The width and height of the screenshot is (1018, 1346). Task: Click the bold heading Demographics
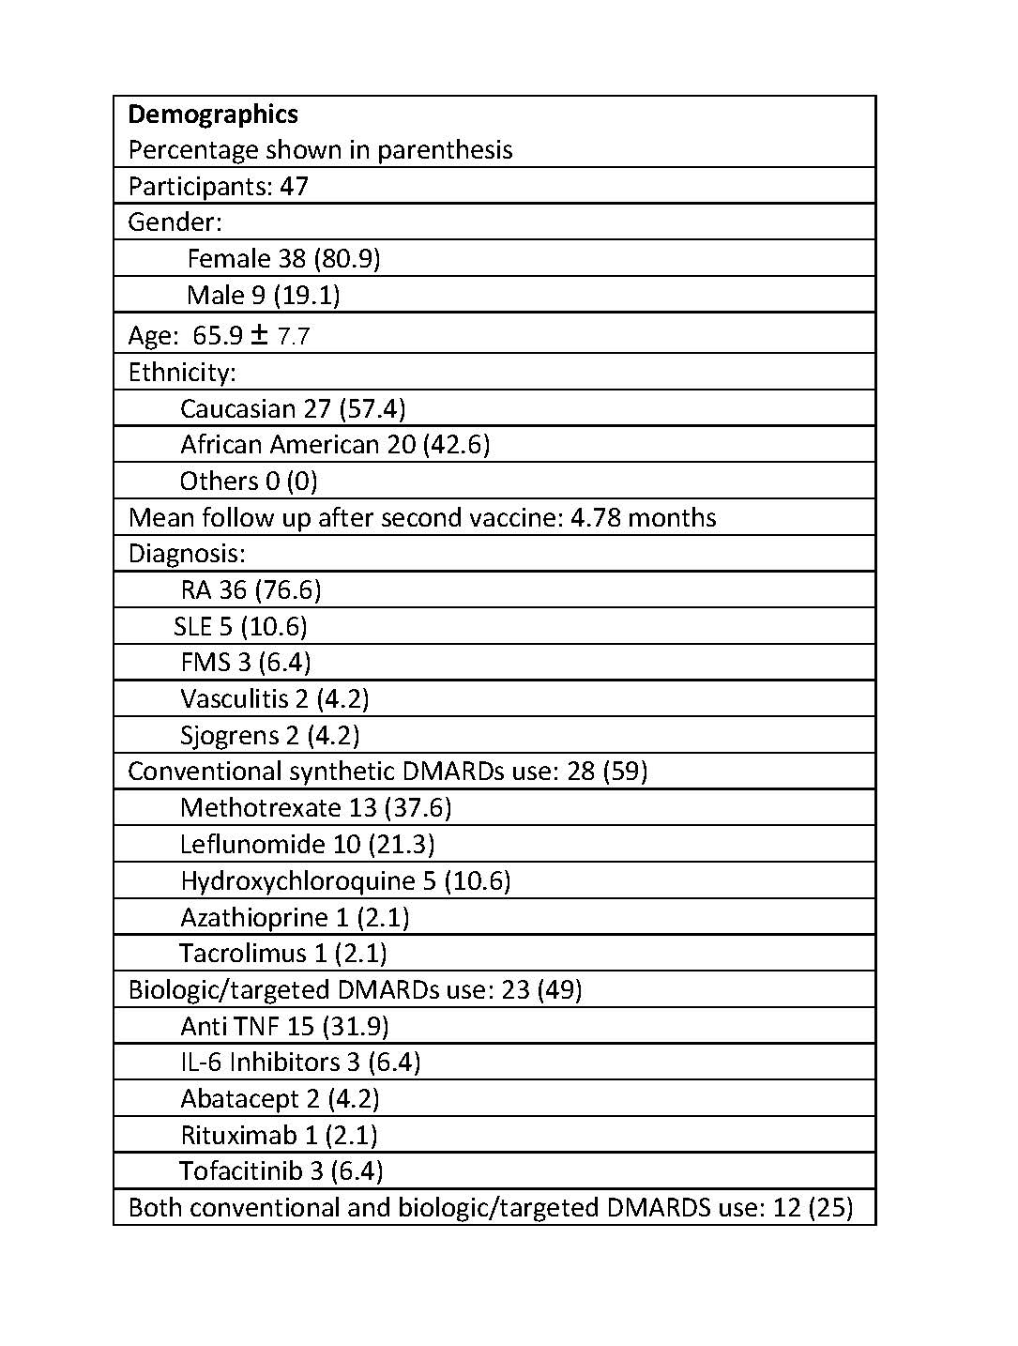(x=213, y=115)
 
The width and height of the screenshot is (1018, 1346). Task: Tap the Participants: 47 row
(x=218, y=186)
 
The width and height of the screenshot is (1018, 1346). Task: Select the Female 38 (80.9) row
(x=283, y=258)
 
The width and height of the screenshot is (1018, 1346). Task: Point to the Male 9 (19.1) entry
(x=263, y=295)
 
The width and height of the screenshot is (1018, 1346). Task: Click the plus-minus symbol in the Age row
(x=259, y=334)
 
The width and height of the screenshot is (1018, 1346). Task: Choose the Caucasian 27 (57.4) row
(x=293, y=408)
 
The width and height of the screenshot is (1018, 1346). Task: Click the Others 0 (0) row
(x=249, y=481)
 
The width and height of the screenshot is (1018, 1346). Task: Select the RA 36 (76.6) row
(x=251, y=589)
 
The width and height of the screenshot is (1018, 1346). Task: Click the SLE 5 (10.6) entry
(x=240, y=626)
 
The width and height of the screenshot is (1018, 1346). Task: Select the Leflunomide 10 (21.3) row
(x=307, y=844)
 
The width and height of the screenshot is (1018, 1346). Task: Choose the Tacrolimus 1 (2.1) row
(x=282, y=953)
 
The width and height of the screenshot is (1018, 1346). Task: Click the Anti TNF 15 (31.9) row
(x=284, y=1026)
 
